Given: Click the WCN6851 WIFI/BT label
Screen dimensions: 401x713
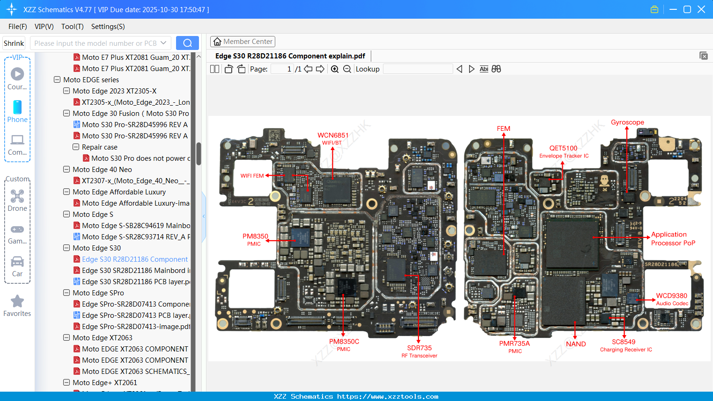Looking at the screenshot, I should [332, 138].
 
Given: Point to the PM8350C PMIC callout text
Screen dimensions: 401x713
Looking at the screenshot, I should [344, 344].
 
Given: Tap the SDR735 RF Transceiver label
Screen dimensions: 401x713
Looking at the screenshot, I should [419, 351].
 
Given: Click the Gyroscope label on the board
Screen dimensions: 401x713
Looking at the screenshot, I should [627, 122].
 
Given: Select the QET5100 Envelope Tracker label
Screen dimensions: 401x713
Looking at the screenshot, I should [564, 151].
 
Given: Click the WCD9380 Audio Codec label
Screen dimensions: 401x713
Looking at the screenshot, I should [671, 299].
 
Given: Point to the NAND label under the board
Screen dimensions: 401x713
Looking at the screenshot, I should [575, 344].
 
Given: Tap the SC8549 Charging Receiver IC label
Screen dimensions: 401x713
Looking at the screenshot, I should [625, 345].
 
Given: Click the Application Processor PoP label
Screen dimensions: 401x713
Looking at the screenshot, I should [672, 238].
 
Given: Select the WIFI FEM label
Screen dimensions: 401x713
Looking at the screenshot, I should [252, 176].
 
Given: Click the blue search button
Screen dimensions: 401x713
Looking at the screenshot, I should [187, 43].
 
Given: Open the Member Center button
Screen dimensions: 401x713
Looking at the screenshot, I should [243, 42].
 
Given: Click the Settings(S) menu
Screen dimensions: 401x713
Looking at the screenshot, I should [108, 27].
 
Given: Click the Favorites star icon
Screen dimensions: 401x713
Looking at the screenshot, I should [17, 301].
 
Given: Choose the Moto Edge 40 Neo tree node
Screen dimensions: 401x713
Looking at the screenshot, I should [102, 170].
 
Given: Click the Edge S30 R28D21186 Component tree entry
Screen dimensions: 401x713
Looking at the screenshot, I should [134, 259].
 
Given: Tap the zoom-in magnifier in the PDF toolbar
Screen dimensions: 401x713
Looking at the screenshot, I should [335, 69].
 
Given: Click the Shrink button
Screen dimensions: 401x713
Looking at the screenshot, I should [14, 43].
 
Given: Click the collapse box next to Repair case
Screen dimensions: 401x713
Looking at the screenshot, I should [76, 147].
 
